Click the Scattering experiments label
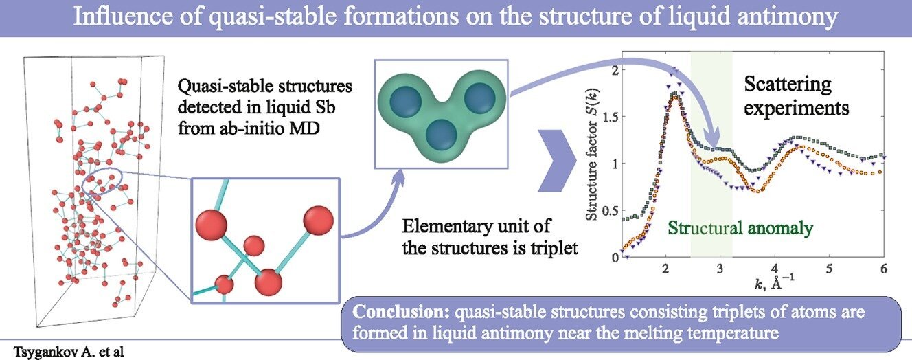pyautogui.click(x=797, y=97)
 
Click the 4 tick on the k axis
pyautogui.click(x=774, y=267)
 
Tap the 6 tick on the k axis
pyautogui.click(x=883, y=267)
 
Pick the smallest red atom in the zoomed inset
pyautogui.click(x=254, y=245)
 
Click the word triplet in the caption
pyautogui.click(x=553, y=249)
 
